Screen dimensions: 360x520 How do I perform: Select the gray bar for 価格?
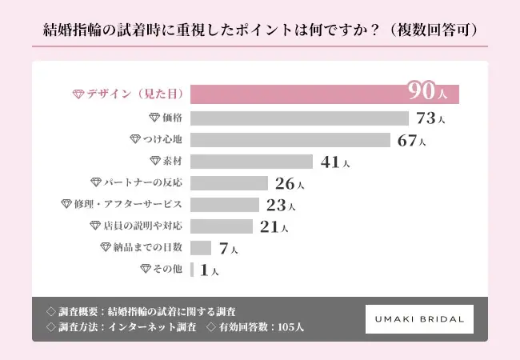300,118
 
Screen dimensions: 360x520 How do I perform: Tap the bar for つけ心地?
290,140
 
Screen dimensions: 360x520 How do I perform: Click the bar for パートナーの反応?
229,183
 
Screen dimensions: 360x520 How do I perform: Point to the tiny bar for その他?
193,270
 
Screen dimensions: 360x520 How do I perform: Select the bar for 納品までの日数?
201,248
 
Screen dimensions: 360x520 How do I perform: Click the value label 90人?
427,92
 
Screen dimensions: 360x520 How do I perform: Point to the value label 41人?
334,162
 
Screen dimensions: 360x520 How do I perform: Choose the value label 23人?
280,205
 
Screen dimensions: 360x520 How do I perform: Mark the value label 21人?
274,226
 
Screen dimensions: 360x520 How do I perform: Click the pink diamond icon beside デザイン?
78,94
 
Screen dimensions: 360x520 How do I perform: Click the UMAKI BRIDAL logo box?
419,318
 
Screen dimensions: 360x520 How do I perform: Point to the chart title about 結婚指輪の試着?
259,30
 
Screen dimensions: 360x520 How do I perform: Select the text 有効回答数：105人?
256,328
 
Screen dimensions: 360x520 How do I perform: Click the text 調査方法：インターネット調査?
122,328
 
